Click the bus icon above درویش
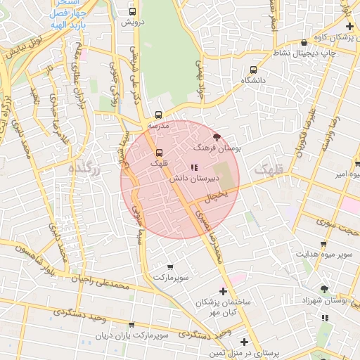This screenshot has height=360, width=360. pos(134,11)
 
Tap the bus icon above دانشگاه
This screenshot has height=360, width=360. pos(253,70)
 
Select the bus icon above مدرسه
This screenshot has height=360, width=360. pos(158,114)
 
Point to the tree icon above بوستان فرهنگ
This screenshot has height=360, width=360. pos(216,138)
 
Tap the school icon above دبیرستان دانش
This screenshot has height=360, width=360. pos(193,167)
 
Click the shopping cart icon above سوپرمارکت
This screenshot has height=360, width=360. pos(170,268)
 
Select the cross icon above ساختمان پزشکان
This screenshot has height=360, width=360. pos(224,291)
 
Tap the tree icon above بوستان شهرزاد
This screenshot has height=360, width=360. pos(324,288)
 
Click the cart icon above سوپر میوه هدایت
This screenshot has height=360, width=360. pos(323,245)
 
